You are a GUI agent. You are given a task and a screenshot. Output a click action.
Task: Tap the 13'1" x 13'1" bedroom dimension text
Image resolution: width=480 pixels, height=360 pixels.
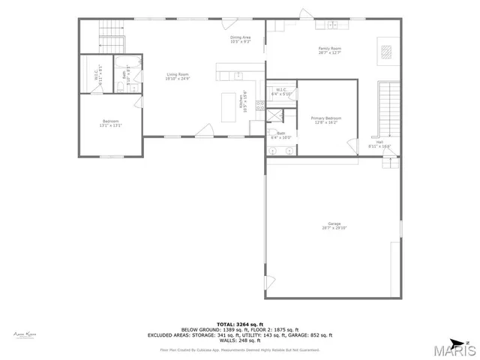(x=110, y=126)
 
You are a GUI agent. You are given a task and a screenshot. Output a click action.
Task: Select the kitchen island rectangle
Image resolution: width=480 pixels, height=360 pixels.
(x=230, y=106)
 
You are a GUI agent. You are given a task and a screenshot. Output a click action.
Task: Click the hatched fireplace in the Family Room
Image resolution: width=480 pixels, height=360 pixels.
(x=386, y=52)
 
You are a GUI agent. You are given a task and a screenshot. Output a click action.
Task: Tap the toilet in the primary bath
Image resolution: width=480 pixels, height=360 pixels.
(x=272, y=134)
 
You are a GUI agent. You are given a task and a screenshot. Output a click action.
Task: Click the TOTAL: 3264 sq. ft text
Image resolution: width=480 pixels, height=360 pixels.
(x=240, y=323)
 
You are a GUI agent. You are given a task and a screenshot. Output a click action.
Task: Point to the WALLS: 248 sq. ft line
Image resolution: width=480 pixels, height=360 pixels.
(x=240, y=340)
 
